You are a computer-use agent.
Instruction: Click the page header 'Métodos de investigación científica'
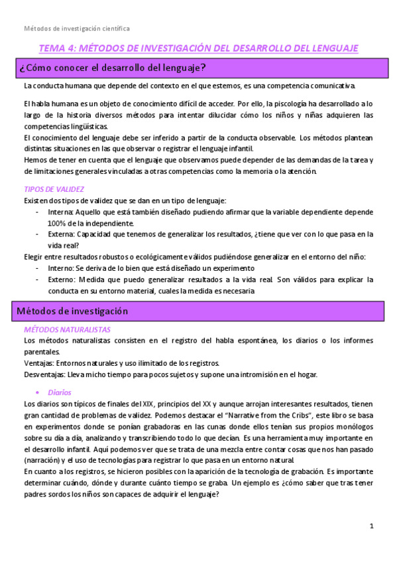[77, 29]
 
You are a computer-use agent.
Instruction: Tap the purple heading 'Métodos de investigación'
[72, 311]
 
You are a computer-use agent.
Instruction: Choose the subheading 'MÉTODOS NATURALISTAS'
[66, 329]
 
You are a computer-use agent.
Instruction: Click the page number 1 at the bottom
[372, 526]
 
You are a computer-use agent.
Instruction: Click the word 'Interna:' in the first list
[62, 212]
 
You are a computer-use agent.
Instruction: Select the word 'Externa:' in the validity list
[62, 234]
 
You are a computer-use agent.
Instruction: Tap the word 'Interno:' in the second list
[62, 268]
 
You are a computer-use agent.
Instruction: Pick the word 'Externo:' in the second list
[62, 280]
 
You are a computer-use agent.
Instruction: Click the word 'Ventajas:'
[38, 363]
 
